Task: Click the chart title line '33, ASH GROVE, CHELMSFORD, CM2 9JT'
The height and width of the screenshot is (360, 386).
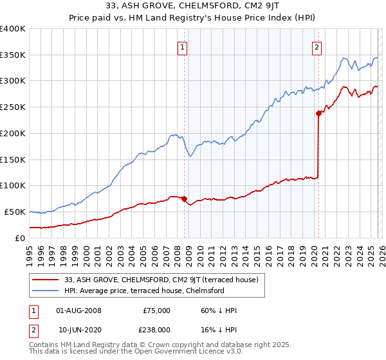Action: (192, 6)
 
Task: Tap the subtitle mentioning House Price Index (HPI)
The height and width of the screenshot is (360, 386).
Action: (192, 17)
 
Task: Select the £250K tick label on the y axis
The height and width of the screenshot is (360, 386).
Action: (13, 107)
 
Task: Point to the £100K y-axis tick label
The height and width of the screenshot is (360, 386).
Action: (13, 186)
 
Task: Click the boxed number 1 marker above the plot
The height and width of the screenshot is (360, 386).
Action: (183, 46)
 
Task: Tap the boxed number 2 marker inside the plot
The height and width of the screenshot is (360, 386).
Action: (317, 46)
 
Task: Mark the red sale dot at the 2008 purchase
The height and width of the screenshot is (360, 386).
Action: (184, 199)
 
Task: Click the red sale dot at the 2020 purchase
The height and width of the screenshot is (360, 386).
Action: (318, 113)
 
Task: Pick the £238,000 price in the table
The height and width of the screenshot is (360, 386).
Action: (157, 329)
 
